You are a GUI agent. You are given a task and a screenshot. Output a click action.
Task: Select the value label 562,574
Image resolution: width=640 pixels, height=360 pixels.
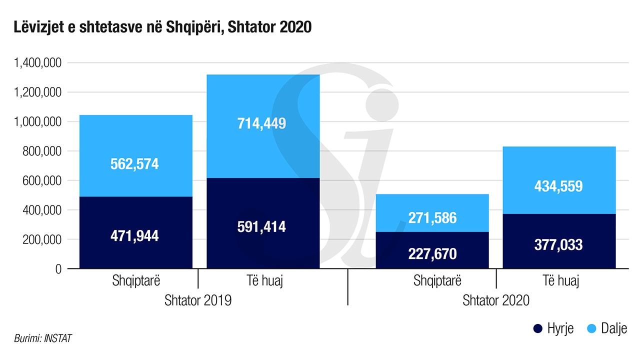coord(134,164)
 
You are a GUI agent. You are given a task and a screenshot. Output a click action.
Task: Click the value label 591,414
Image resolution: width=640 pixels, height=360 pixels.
coord(262,226)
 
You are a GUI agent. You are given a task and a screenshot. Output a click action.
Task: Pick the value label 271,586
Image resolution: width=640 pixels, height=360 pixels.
coord(432,218)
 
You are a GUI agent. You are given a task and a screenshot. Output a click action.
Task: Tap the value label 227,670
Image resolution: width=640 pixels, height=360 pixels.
coord(432,253)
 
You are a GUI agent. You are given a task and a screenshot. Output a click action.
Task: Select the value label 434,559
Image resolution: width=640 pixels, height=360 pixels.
coord(558,186)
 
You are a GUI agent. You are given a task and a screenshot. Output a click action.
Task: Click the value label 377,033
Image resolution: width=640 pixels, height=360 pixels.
coord(558,244)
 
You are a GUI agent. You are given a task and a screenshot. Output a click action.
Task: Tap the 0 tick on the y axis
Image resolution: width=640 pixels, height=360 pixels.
coord(58,269)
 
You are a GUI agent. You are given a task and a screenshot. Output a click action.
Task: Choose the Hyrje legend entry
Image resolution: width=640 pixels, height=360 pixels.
coord(553,328)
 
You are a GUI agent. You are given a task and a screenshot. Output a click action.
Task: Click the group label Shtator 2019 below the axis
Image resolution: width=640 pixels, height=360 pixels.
coord(198,301)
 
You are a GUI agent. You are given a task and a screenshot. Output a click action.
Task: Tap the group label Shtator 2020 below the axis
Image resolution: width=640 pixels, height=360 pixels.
coord(496,301)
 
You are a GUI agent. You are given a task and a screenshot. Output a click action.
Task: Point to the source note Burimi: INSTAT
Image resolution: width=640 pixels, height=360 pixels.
coord(43,338)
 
